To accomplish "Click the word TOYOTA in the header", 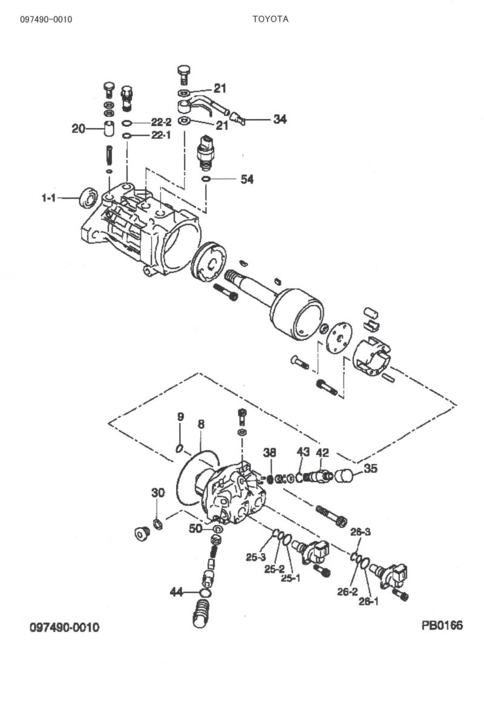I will (x=270, y=19).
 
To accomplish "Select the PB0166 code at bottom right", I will (x=442, y=625).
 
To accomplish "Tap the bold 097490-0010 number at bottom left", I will (x=65, y=627).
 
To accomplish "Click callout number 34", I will (x=280, y=120).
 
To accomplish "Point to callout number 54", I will (x=247, y=179).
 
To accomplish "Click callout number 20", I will (x=79, y=128).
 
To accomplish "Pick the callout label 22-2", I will (x=161, y=122).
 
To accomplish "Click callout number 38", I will (x=270, y=452).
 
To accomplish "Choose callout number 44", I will (x=176, y=593).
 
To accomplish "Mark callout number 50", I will (x=196, y=529).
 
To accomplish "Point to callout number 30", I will (x=158, y=493).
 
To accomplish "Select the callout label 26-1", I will (x=368, y=602).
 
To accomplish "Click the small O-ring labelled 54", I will (x=206, y=179).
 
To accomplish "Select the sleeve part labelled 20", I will (x=110, y=129).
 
